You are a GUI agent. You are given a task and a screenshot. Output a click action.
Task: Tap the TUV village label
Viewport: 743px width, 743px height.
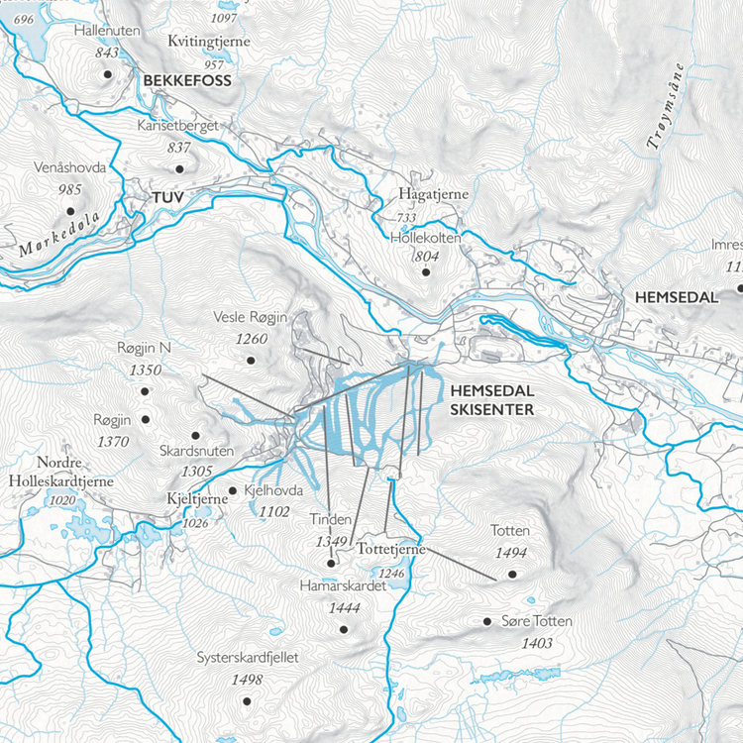click(168, 198)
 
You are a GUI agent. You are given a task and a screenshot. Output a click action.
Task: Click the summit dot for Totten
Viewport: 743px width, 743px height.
click(513, 574)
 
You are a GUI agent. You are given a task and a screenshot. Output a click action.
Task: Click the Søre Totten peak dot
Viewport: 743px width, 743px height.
click(486, 621)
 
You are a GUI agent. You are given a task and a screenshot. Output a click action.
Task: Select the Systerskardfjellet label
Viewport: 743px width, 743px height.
click(247, 657)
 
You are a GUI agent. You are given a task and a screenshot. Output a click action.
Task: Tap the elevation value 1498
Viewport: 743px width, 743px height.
click(246, 679)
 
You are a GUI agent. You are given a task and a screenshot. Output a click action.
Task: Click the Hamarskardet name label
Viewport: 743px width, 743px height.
click(341, 586)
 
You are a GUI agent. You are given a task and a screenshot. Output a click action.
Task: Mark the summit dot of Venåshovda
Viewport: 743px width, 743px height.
click(70, 210)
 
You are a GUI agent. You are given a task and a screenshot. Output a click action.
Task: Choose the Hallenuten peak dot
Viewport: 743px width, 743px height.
click(106, 73)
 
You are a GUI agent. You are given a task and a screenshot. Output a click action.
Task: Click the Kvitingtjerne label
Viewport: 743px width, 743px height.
click(209, 42)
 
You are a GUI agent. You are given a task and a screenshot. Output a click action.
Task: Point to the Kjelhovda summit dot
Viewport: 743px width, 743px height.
click(232, 490)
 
